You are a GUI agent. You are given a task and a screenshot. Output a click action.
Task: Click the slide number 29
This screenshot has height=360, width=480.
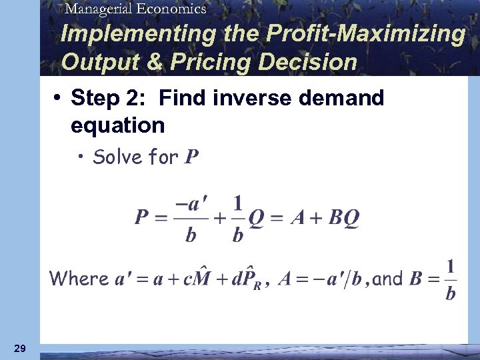coord(20,349)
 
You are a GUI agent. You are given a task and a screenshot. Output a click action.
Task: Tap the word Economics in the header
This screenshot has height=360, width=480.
coord(170,9)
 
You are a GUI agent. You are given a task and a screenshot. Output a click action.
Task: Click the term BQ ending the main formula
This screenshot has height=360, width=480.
coord(345,217)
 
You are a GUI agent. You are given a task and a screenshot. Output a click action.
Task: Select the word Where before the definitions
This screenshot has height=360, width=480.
coord(79,278)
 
